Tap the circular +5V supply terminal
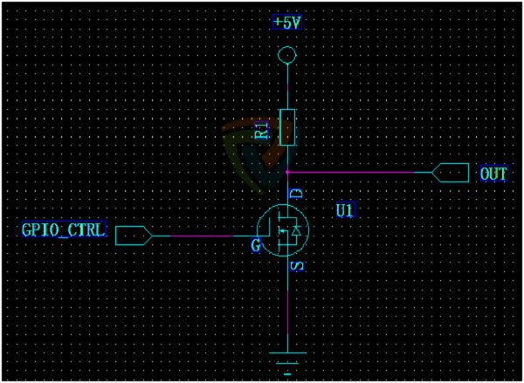coord(286,58)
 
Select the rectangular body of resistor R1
coord(287,127)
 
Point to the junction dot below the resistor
coord(287,173)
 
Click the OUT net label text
coord(493,174)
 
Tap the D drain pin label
coord(295,193)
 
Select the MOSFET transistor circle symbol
coord(287,231)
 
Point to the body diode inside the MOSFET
coord(298,232)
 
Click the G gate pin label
coord(257,246)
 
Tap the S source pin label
coord(295,264)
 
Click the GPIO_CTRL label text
coord(63,230)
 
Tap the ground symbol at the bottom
coord(287,364)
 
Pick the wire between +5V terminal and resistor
coord(287,87)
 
